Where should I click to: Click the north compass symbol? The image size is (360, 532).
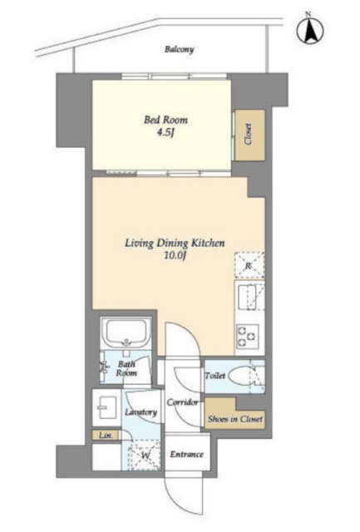click(310, 31)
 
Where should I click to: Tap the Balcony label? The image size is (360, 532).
click(179, 50)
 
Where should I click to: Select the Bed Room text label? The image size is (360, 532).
click(165, 120)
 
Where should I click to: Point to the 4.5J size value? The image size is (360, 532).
click(165, 132)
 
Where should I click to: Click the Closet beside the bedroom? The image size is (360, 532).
click(250, 135)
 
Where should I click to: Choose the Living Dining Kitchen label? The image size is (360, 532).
click(175, 243)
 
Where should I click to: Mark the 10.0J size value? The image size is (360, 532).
click(175, 255)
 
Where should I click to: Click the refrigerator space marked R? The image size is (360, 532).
click(249, 266)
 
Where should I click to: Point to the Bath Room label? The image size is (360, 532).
click(126, 369)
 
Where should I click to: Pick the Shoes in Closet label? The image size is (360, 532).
click(235, 419)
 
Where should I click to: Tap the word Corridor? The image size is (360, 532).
click(182, 402)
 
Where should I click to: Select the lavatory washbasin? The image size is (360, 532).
click(106, 407)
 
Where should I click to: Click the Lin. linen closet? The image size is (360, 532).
click(106, 435)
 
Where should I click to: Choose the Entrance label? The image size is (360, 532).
click(186, 455)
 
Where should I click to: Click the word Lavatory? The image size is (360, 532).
click(141, 412)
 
